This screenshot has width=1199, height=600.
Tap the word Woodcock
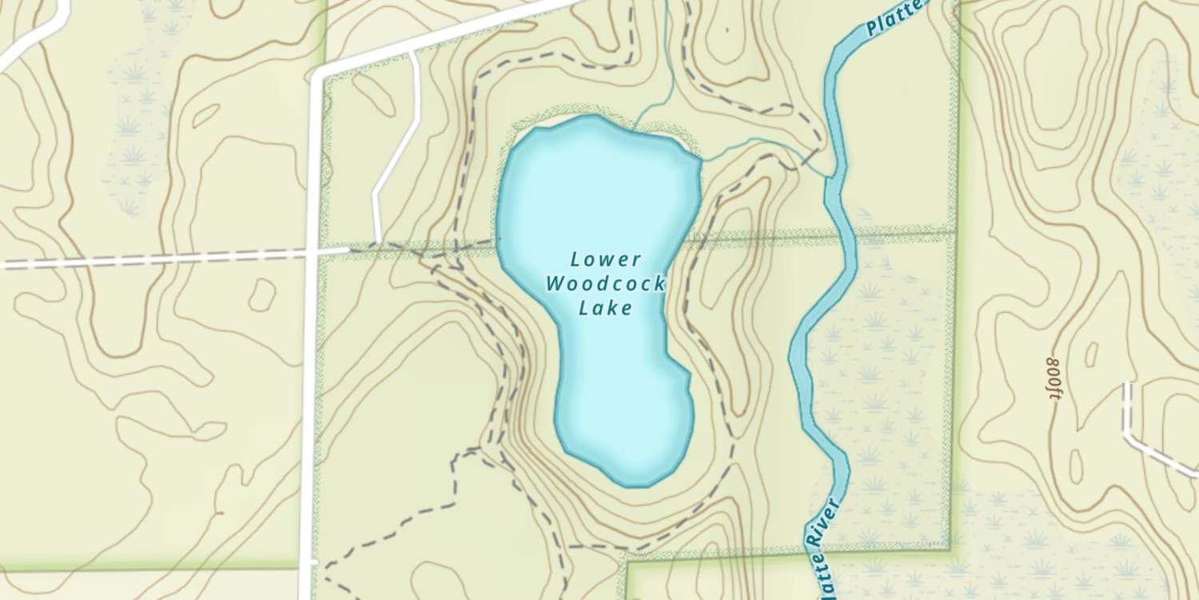pos(605,284)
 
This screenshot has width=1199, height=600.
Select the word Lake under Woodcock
pos(605,308)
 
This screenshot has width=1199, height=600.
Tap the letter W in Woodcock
pos(555,284)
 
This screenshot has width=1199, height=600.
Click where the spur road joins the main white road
pos(411,52)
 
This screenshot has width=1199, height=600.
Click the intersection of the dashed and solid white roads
pos(312,254)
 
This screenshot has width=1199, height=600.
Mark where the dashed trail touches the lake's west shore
pos(498,238)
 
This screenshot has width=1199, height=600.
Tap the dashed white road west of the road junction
pos(160,261)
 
